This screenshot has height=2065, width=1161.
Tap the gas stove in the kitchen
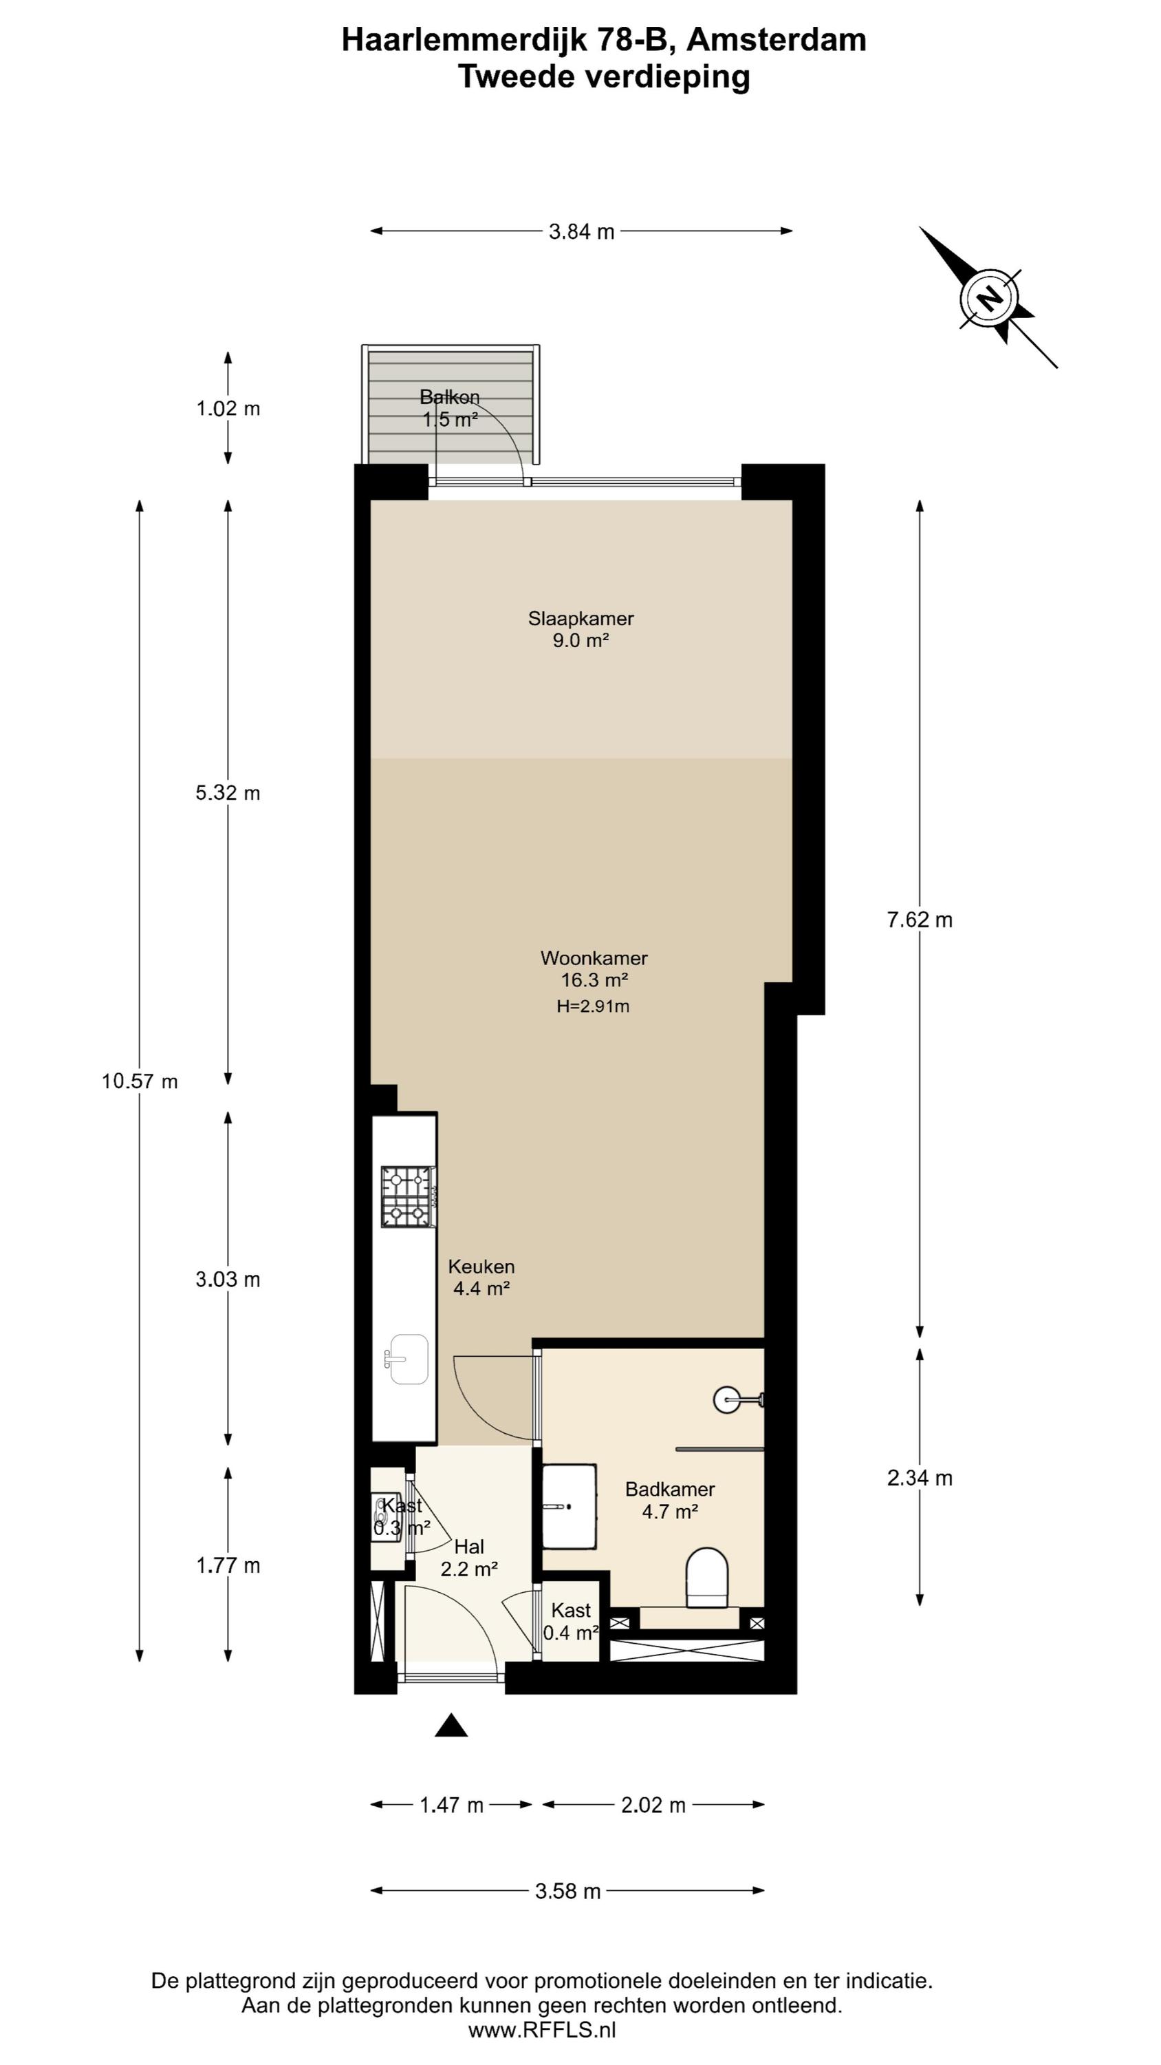pyautogui.click(x=409, y=1197)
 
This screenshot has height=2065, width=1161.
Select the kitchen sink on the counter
pyautogui.click(x=408, y=1359)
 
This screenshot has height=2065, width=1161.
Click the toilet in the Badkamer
pyautogui.click(x=706, y=1577)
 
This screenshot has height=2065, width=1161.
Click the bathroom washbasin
pyautogui.click(x=569, y=1506)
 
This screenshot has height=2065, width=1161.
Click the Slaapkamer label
pyautogui.click(x=581, y=618)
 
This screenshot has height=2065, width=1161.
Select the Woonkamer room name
pyautogui.click(x=594, y=957)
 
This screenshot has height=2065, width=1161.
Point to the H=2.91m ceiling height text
pyautogui.click(x=593, y=1006)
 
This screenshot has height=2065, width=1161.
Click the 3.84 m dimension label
pyautogui.click(x=582, y=232)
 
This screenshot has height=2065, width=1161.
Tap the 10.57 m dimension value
pyautogui.click(x=140, y=1081)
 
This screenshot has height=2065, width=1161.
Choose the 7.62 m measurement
pyautogui.click(x=920, y=920)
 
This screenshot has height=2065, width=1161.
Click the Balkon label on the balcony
pyautogui.click(x=450, y=396)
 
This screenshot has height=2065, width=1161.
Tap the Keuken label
pyautogui.click(x=481, y=1267)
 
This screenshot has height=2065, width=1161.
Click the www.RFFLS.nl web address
pyautogui.click(x=543, y=2029)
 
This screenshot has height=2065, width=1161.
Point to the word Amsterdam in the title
pyautogui.click(x=777, y=40)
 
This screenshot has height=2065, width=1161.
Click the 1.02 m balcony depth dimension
pyautogui.click(x=228, y=409)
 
